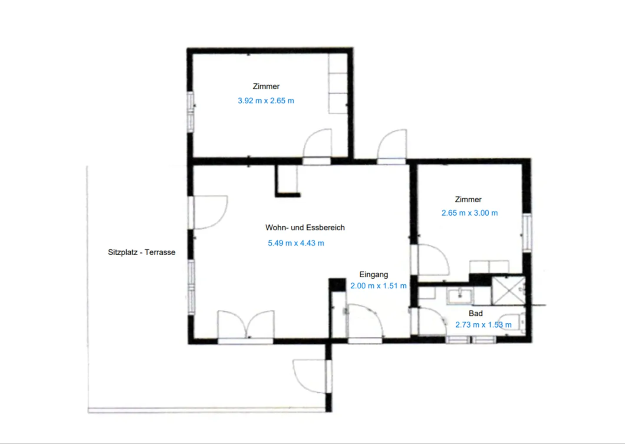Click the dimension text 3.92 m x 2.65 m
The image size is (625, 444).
pos(266,101)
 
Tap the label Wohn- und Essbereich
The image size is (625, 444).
pos(305,227)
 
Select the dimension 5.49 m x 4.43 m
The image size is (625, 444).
pos(296,243)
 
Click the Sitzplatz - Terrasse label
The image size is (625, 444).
pos(141,252)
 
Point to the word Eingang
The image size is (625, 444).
pos(373,274)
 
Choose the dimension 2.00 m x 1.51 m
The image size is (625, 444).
pos(378,286)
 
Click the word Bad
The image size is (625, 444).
pos(475,313)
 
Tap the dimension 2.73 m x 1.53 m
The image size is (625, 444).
pos(483,325)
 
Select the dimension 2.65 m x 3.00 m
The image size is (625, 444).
pos(469,213)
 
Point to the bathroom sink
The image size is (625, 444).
pos(459,296)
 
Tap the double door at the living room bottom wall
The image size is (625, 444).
pos(246,326)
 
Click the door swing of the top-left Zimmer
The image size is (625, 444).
pos(317,144)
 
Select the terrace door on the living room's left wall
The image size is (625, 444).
pos(208,212)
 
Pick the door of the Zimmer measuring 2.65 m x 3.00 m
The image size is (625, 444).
pos(432,260)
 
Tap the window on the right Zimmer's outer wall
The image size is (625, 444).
pos(527,232)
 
